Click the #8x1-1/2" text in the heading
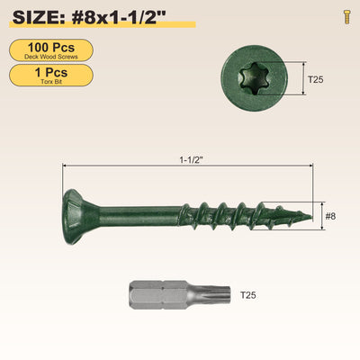point(119,18)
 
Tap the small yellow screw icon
point(347,17)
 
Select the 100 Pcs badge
point(51,50)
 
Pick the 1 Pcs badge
point(51,76)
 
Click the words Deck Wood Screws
point(51,57)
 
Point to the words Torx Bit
point(51,82)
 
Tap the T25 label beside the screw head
point(316,79)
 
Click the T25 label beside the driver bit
point(248,295)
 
